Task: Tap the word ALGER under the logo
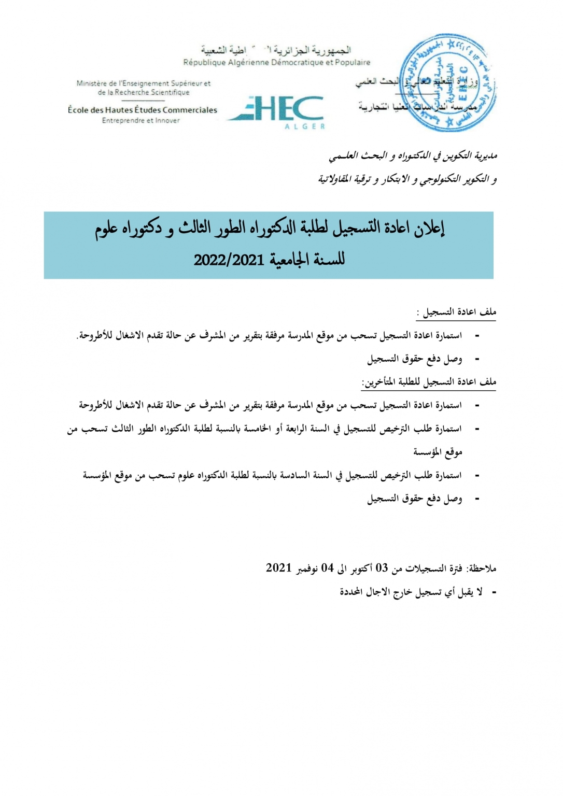click(304, 126)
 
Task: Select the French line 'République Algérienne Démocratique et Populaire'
click(277, 63)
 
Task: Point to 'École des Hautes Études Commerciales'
click(143, 110)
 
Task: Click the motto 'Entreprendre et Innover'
click(140, 121)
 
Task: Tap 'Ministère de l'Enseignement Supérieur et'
click(144, 83)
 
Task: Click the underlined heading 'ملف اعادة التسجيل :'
click(456, 312)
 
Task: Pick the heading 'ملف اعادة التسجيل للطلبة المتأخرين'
click(429, 382)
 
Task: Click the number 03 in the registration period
click(382, 568)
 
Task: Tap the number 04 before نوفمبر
click(327, 568)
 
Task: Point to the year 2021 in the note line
click(279, 568)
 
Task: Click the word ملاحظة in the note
click(482, 568)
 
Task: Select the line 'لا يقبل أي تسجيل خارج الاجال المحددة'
click(411, 592)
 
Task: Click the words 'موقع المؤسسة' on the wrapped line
click(438, 452)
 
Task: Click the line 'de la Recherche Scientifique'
click(144, 92)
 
